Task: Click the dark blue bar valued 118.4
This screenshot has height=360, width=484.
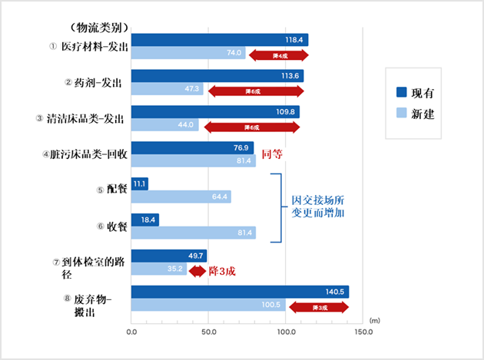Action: [220, 40]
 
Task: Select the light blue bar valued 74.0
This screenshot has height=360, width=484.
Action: [188, 53]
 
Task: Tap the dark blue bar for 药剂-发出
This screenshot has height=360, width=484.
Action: [217, 76]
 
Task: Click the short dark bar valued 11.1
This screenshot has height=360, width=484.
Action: [140, 184]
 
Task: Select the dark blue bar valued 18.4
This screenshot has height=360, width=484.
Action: [145, 220]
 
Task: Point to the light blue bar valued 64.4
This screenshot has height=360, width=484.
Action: [181, 197]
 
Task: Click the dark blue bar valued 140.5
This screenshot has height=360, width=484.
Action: [240, 292]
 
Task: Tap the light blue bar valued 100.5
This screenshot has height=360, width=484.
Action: [208, 306]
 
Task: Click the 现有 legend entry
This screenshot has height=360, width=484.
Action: [416, 93]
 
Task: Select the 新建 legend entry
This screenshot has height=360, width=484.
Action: [416, 114]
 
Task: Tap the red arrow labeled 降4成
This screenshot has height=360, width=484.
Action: [279, 54]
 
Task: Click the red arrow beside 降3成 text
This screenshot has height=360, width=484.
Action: [196, 270]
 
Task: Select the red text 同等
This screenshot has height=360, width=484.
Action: [273, 154]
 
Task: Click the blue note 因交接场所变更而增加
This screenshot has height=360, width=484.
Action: [317, 208]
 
